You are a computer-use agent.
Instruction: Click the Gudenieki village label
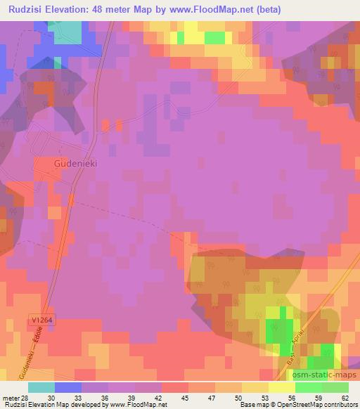pyautogui.click(x=75, y=162)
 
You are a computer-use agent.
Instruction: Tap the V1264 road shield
pyautogui.click(x=42, y=320)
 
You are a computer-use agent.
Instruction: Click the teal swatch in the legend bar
pyautogui.click(x=41, y=387)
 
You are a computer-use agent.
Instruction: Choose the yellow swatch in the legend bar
pyautogui.click(x=282, y=387)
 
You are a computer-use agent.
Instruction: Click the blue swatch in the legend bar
pyautogui.click(x=68, y=387)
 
